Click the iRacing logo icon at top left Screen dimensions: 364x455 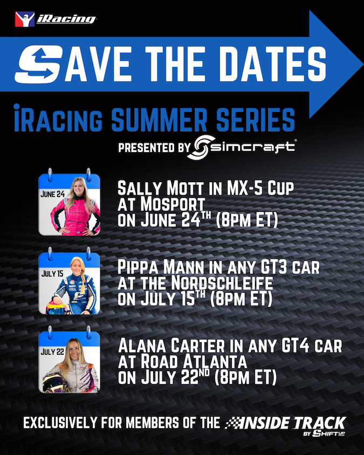pos(25,19)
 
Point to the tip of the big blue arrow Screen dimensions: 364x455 pos(363,64)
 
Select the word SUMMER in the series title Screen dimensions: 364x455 pos(159,120)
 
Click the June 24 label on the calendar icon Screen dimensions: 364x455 pos(52,194)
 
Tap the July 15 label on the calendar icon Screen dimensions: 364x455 pos(52,273)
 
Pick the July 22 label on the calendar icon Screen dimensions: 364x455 pos(52,352)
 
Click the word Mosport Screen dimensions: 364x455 pos(173,204)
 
